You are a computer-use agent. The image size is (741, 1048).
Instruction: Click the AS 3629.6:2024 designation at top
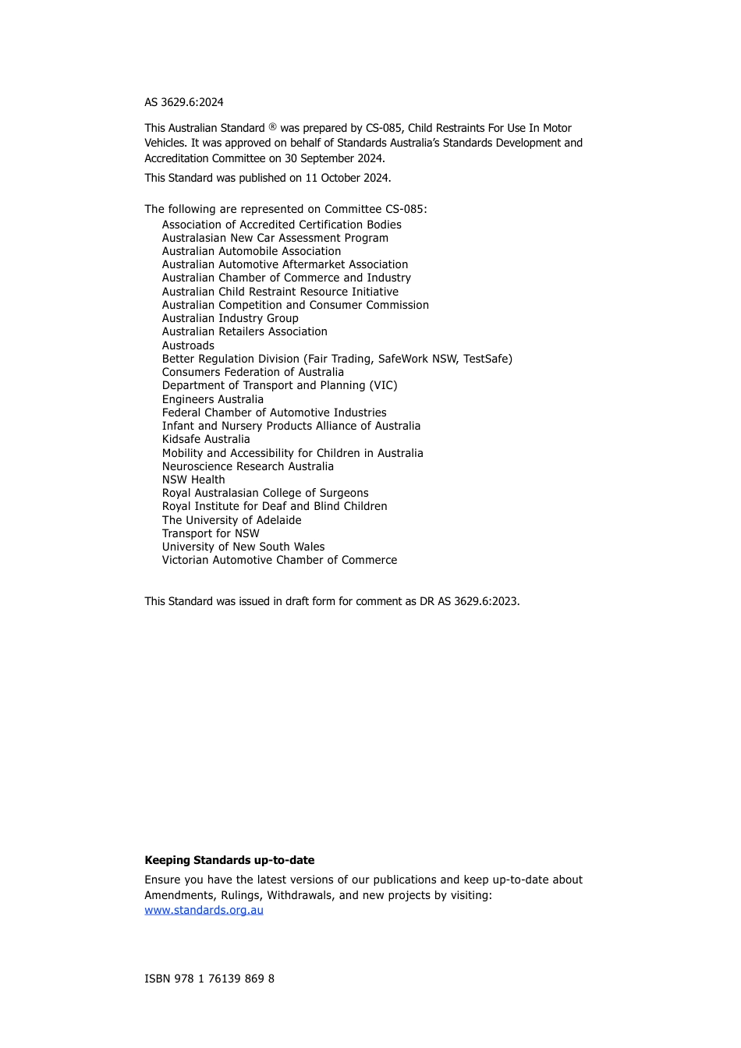tap(184, 102)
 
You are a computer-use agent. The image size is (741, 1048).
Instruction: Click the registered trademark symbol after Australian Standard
tap(273, 126)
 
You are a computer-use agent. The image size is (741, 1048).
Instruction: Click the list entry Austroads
tap(188, 345)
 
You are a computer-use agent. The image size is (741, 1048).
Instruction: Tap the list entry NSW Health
tap(193, 480)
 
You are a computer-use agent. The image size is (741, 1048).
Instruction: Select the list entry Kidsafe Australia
tap(206, 439)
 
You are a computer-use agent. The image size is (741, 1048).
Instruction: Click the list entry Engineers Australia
tap(213, 399)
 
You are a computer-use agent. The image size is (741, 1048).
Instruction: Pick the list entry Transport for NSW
tap(211, 533)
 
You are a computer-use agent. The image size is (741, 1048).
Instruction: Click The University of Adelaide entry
tap(232, 520)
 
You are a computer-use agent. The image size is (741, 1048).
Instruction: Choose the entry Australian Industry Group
tap(230, 318)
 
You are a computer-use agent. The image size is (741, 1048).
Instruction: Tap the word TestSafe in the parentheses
tap(487, 359)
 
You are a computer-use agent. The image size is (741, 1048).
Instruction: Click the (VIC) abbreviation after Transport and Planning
tap(383, 385)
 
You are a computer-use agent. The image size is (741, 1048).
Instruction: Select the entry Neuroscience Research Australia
tap(248, 466)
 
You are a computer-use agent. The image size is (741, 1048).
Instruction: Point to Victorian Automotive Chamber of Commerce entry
tap(279, 560)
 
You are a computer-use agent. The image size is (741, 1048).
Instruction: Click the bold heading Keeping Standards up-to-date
tap(229, 860)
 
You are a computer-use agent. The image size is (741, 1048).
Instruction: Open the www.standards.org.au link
tap(204, 910)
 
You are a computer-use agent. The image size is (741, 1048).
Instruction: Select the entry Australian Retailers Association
tap(245, 331)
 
